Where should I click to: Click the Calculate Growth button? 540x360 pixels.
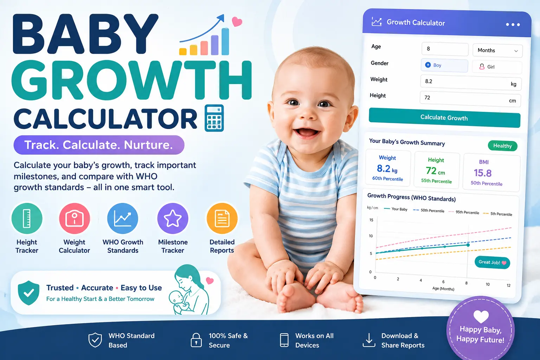point(444,118)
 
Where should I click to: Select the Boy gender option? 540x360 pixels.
point(444,65)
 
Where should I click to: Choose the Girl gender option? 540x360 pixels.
point(497,67)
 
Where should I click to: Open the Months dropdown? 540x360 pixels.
point(497,50)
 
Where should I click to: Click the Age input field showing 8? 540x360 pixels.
point(445,49)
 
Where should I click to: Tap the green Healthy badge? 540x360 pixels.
point(503,146)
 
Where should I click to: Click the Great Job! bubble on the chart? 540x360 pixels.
point(492,262)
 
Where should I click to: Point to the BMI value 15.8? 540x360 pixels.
point(483,173)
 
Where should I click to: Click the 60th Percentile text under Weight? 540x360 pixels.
point(388,179)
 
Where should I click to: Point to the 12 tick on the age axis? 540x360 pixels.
point(508,285)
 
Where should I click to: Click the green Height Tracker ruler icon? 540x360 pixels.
point(27,218)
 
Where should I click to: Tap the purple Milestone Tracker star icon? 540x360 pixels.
point(173,218)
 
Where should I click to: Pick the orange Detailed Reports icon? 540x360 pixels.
point(222,218)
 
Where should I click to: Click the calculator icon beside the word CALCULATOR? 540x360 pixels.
point(214,118)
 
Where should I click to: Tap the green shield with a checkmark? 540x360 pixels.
point(28,293)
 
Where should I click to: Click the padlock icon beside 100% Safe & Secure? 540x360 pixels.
point(196,340)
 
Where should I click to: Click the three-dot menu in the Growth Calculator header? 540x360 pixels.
point(513,25)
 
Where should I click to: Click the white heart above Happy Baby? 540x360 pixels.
point(481,316)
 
